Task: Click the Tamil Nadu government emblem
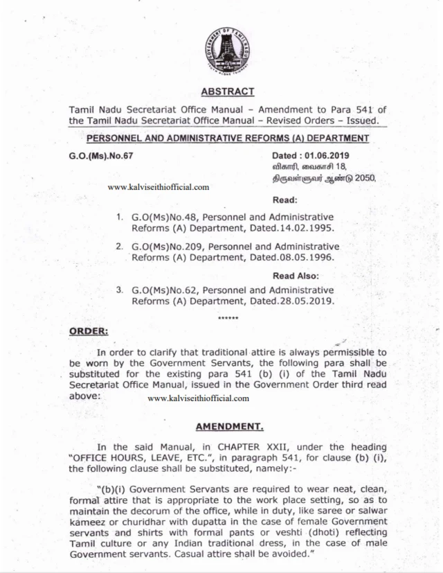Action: click(x=227, y=52)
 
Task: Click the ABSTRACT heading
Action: click(x=227, y=91)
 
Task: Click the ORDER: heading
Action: click(x=89, y=331)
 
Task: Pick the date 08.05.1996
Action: click(x=304, y=257)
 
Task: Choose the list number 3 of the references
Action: click(x=120, y=289)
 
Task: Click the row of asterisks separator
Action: click(x=228, y=318)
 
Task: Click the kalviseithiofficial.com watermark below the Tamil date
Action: click(x=159, y=187)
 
